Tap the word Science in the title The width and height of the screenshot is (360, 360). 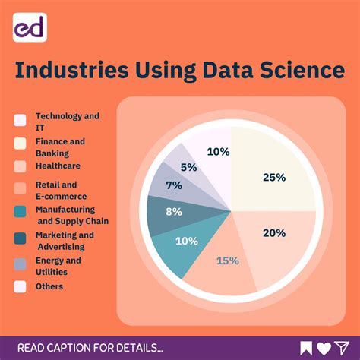pos(302,71)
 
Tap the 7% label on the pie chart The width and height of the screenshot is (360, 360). pos(173,185)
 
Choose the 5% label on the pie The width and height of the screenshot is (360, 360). pos(188,166)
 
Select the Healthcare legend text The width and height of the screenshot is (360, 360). pos(58,165)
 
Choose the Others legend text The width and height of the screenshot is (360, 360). pos(49,286)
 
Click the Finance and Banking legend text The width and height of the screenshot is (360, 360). pos(60,146)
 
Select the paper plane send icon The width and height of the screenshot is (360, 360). pos(343,348)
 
